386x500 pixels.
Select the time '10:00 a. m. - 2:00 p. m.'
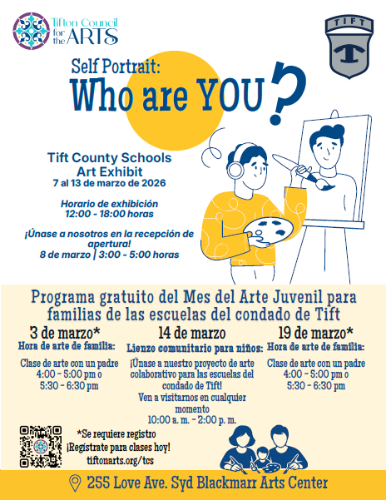pos(191,418)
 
